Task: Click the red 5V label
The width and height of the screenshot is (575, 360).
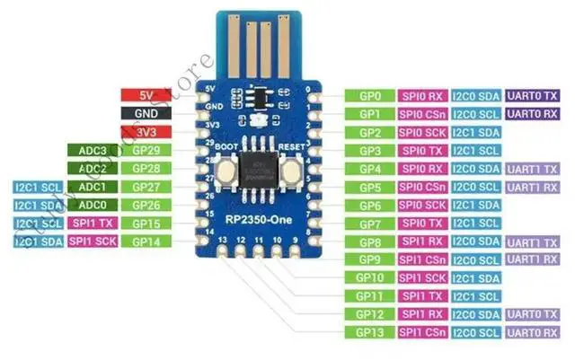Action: tap(146, 95)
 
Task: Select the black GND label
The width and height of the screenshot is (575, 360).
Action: tap(146, 114)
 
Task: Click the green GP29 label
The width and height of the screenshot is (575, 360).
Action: tap(146, 150)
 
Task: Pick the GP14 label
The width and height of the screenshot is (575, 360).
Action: tap(146, 241)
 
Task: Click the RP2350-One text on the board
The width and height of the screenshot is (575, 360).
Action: tap(256, 219)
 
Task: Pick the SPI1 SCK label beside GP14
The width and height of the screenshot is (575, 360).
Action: tap(93, 241)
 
